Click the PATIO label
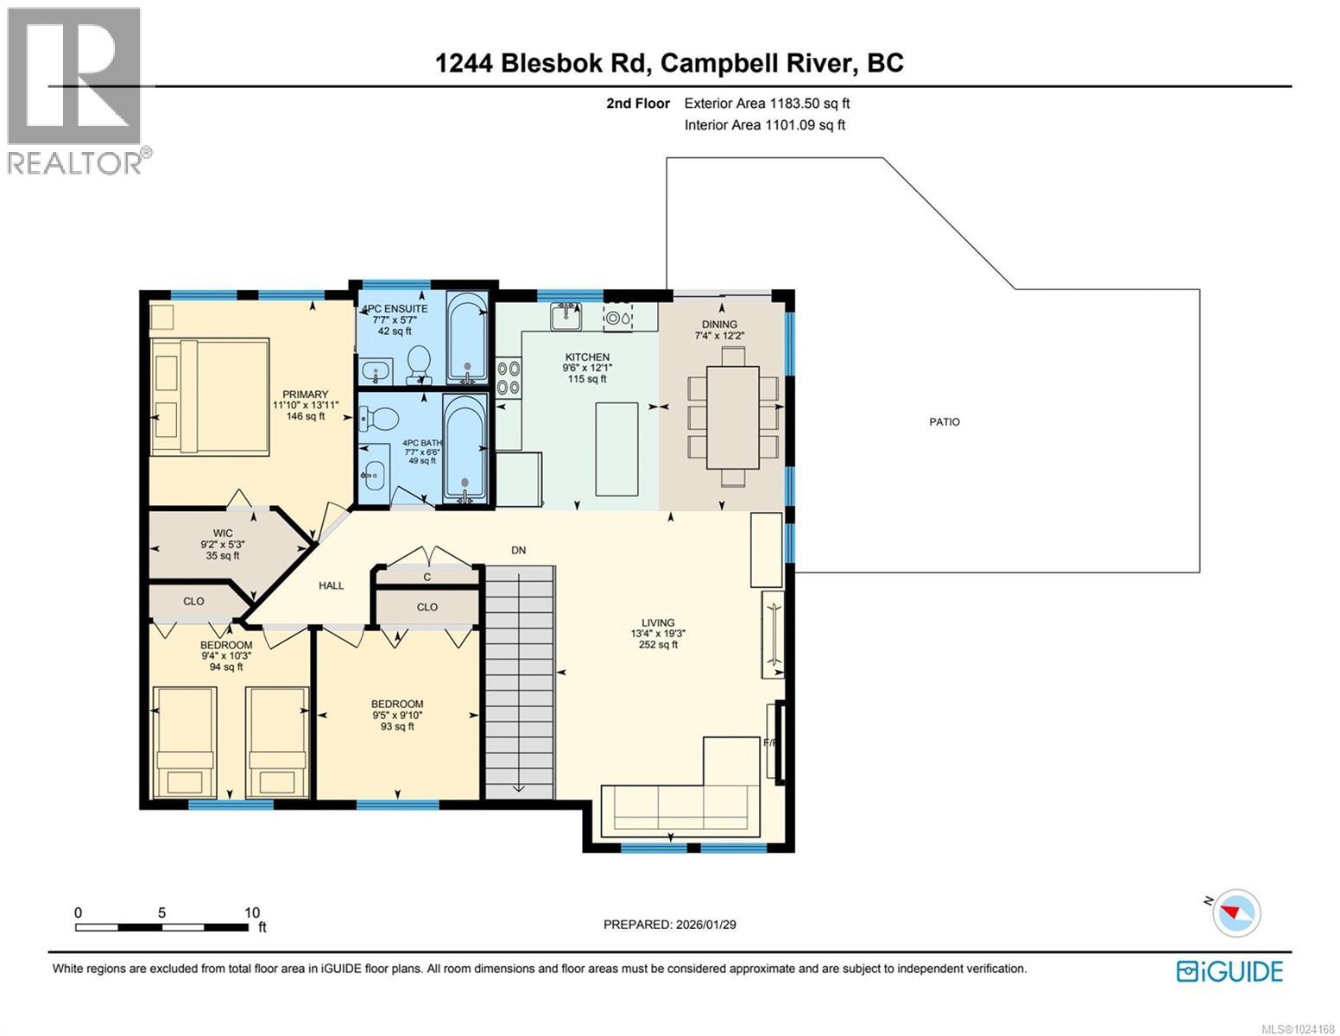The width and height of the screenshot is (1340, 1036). click(x=944, y=422)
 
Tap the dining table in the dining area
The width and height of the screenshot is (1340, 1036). click(x=732, y=417)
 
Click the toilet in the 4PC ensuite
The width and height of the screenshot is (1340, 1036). click(x=419, y=365)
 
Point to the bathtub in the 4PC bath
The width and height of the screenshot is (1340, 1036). click(x=465, y=448)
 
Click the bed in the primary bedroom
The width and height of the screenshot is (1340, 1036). click(x=209, y=396)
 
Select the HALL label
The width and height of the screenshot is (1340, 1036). click(x=331, y=585)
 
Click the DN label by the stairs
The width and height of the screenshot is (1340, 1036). click(x=518, y=550)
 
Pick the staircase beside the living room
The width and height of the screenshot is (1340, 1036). click(x=518, y=682)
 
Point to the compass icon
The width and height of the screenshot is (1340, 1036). click(x=1236, y=912)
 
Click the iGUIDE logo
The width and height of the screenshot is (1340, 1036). click(x=1229, y=971)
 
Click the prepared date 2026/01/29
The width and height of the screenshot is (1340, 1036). click(x=669, y=925)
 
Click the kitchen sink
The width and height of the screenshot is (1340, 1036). click(x=566, y=316)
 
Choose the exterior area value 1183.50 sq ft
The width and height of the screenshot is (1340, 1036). click(x=767, y=104)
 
